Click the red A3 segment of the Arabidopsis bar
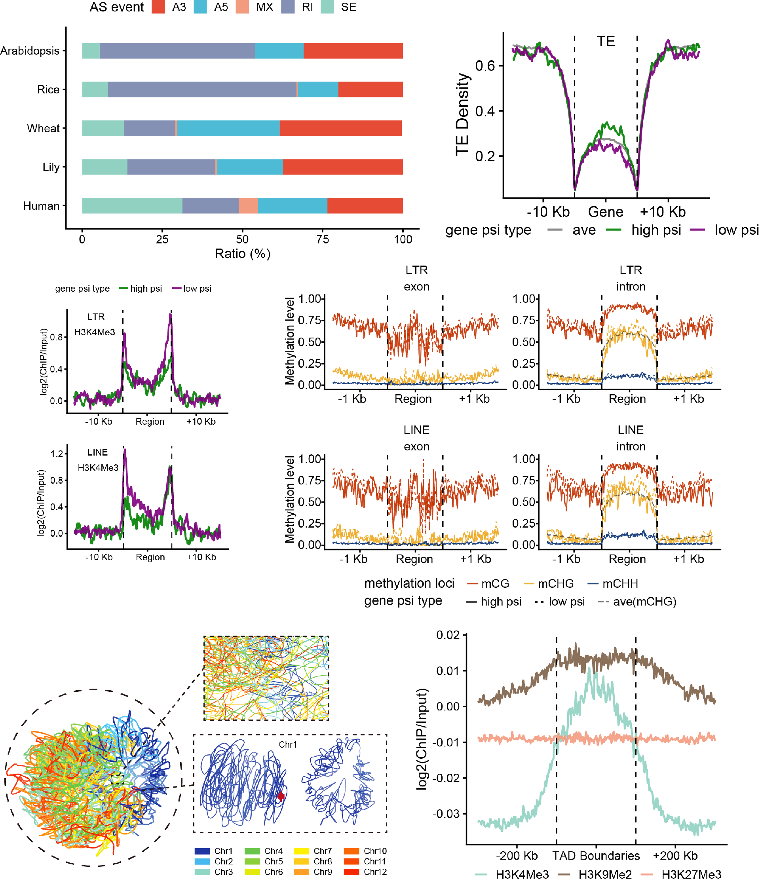[353, 51]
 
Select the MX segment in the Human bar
[248, 206]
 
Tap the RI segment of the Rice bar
[202, 89]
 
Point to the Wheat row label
[43, 128]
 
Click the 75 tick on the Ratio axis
[323, 239]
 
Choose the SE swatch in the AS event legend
[327, 7]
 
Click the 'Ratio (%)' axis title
[243, 254]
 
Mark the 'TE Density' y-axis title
[462, 114]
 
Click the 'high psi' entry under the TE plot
[655, 230]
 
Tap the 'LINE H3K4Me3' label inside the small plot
[98, 460]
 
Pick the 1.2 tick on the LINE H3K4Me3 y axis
[57, 454]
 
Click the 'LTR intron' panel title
[631, 278]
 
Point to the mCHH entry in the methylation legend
[620, 583]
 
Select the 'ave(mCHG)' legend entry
[644, 602]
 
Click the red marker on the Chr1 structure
[281, 796]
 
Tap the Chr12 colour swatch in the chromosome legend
[351, 872]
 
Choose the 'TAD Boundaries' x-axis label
[596, 856]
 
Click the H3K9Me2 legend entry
[604, 874]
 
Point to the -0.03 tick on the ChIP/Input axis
[447, 814]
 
